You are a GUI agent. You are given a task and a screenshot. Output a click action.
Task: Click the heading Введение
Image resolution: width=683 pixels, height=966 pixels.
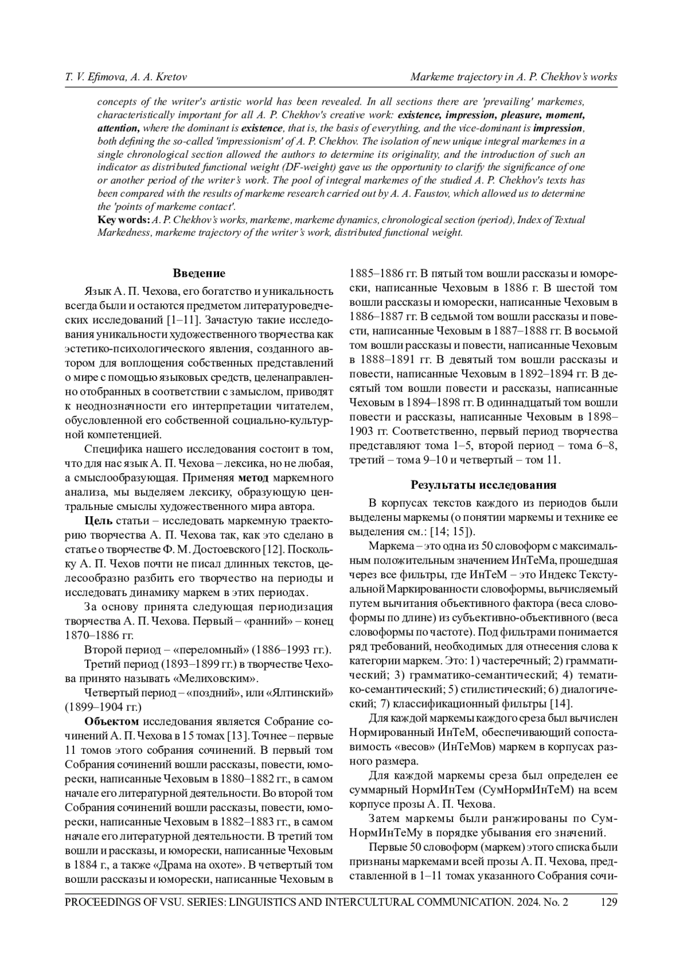pyautogui.click(x=199, y=274)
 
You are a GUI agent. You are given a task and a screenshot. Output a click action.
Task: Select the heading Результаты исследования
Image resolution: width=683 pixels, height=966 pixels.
pyautogui.click(x=483, y=485)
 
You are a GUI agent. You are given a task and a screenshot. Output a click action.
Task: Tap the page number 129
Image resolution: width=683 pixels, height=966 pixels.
pyautogui.click(x=608, y=902)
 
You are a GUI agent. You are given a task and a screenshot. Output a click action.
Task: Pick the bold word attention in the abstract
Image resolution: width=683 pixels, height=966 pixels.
pyautogui.click(x=118, y=129)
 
